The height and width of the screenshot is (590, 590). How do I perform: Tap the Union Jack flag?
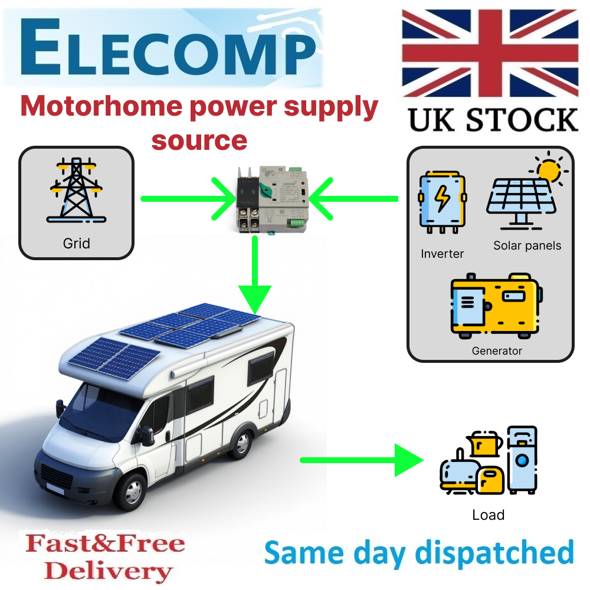[x=490, y=53]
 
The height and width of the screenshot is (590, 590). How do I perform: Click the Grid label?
[x=76, y=242]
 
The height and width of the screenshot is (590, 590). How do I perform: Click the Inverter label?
[x=442, y=254]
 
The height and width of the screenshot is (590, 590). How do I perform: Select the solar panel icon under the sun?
[x=519, y=201]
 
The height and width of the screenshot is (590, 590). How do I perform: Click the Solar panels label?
[x=527, y=245]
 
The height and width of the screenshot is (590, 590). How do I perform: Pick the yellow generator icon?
[x=496, y=305]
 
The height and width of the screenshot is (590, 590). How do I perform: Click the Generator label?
[x=497, y=351]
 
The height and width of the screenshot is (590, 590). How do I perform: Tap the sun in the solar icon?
[x=549, y=170]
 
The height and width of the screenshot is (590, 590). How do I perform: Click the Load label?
[x=489, y=515]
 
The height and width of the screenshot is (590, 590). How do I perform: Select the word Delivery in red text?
[x=108, y=571]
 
